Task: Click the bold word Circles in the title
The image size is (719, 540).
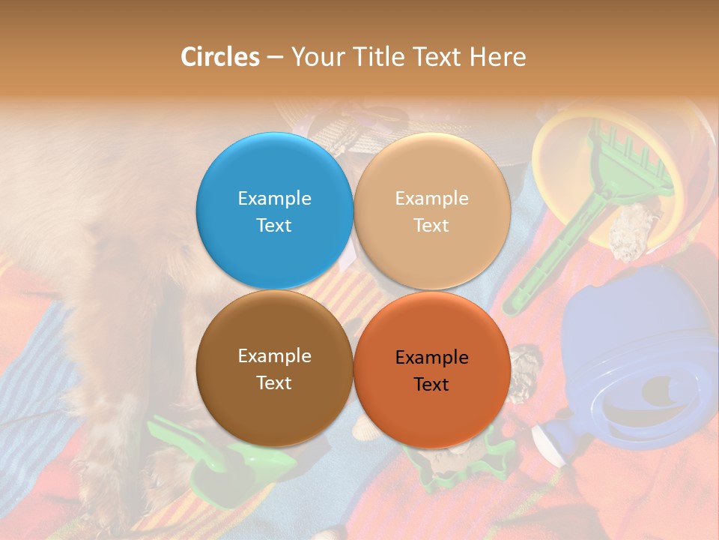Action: coord(220,56)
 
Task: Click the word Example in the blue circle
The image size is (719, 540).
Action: coord(274,199)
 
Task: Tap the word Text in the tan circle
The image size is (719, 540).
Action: coord(431,225)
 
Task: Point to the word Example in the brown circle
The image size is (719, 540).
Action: coord(274,356)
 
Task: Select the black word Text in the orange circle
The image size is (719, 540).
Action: coord(431,384)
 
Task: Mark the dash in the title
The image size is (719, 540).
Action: coord(275,56)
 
